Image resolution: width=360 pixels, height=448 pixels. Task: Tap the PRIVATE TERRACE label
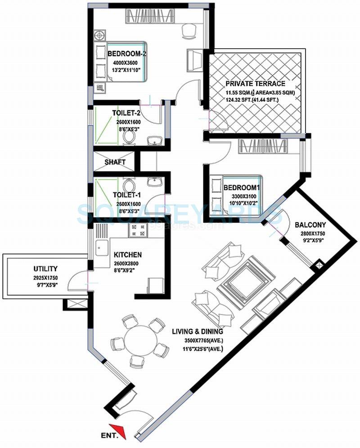(255, 84)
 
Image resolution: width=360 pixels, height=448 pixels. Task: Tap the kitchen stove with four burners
(138, 231)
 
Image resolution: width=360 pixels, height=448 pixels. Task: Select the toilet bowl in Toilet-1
(130, 185)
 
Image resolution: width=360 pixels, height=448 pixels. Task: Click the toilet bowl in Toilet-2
(130, 138)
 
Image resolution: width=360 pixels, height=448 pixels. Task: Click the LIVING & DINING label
(198, 332)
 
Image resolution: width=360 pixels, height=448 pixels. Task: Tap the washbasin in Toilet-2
(155, 141)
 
